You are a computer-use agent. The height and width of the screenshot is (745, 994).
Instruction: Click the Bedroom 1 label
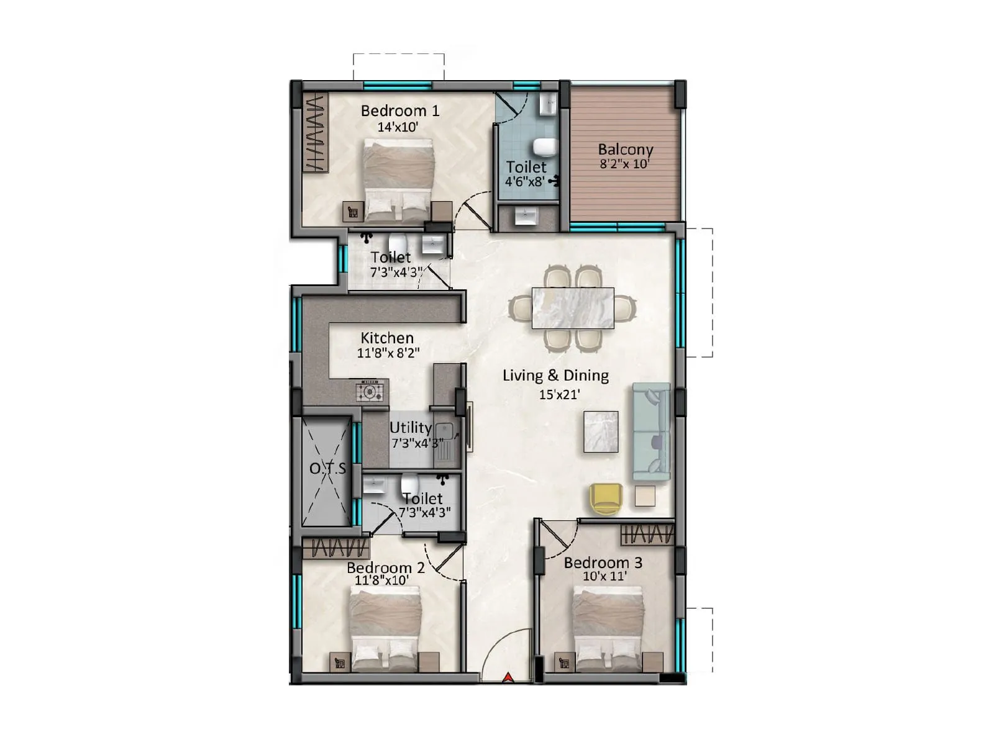399,111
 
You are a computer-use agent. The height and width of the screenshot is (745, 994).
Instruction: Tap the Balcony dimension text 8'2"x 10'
624,165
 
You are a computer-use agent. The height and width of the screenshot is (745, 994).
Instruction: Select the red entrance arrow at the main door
508,677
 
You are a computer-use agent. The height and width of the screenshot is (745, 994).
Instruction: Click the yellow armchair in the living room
606,499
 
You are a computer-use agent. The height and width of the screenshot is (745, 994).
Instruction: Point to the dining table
572,308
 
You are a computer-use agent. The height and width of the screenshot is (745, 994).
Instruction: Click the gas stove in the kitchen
370,392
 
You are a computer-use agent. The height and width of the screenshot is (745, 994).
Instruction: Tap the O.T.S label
327,469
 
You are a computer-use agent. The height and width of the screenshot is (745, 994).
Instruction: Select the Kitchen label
387,338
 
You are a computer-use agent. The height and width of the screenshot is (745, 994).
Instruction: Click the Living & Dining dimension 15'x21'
559,395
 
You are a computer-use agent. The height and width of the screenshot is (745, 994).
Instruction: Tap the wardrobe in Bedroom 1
315,132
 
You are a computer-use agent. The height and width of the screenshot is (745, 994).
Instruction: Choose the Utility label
410,428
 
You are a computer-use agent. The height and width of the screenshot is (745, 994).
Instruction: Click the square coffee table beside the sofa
601,431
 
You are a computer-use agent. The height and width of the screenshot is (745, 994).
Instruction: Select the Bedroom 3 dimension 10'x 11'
604,577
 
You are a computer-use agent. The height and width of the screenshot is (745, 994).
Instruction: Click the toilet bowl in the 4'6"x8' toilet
545,147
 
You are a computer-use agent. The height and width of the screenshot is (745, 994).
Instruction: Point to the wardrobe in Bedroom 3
647,535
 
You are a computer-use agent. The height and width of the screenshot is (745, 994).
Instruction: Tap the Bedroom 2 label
385,567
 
